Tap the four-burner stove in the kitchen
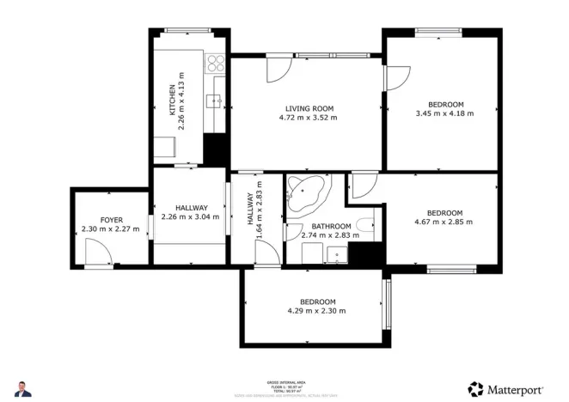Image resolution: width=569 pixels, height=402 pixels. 215,63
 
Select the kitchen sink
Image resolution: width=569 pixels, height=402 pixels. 216,101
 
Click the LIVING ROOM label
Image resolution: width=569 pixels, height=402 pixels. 309,108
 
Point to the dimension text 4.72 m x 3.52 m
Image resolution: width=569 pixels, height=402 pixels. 309,118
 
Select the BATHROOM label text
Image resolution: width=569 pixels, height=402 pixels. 331,226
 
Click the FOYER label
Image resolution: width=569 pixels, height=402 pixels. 111,220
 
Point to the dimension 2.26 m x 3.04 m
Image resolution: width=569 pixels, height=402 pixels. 190,216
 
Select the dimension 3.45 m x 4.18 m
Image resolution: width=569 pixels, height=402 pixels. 444,113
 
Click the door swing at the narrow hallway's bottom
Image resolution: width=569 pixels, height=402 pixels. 268,253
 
